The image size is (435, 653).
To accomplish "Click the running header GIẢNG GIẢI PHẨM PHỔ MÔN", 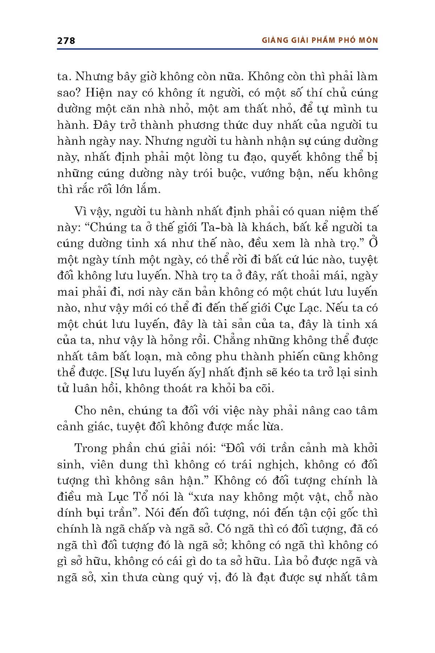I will (x=319, y=40).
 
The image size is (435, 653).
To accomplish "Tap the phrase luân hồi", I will (x=90, y=389).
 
